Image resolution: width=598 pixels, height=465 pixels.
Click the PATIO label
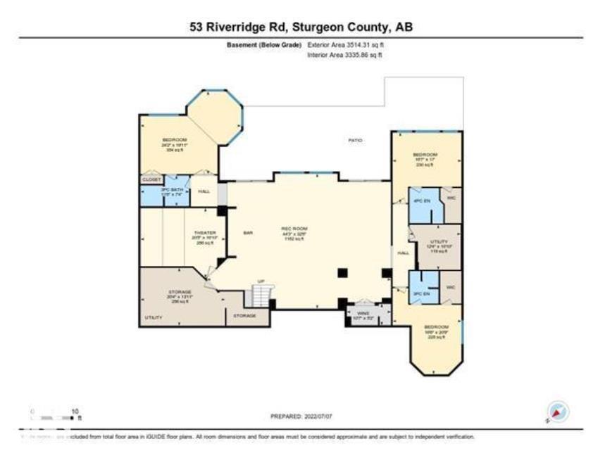pos(356,141)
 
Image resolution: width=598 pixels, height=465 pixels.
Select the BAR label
pos(248,233)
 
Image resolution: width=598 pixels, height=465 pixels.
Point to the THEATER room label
pos(204,233)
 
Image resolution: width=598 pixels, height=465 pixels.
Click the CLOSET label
pos(151,180)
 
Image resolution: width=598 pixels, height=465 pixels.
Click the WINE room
pos(363,314)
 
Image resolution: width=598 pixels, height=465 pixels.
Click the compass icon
pos(557,412)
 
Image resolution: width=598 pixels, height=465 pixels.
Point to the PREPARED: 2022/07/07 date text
pos(301,416)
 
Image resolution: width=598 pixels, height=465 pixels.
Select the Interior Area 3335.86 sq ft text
pos(345,54)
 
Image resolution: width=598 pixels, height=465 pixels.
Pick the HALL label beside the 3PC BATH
pos(204,191)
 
